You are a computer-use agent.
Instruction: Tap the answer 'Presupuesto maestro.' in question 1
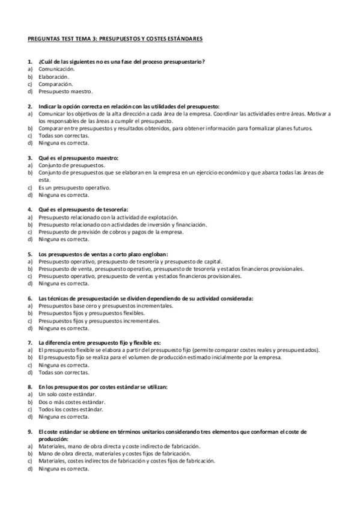pyautogui.click(x=66, y=91)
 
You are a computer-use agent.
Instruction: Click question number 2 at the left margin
pyautogui.click(x=30, y=106)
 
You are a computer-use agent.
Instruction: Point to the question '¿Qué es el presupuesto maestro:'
pyautogui.click(x=78, y=158)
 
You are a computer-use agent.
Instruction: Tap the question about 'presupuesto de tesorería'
pyautogui.click(x=82, y=209)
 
